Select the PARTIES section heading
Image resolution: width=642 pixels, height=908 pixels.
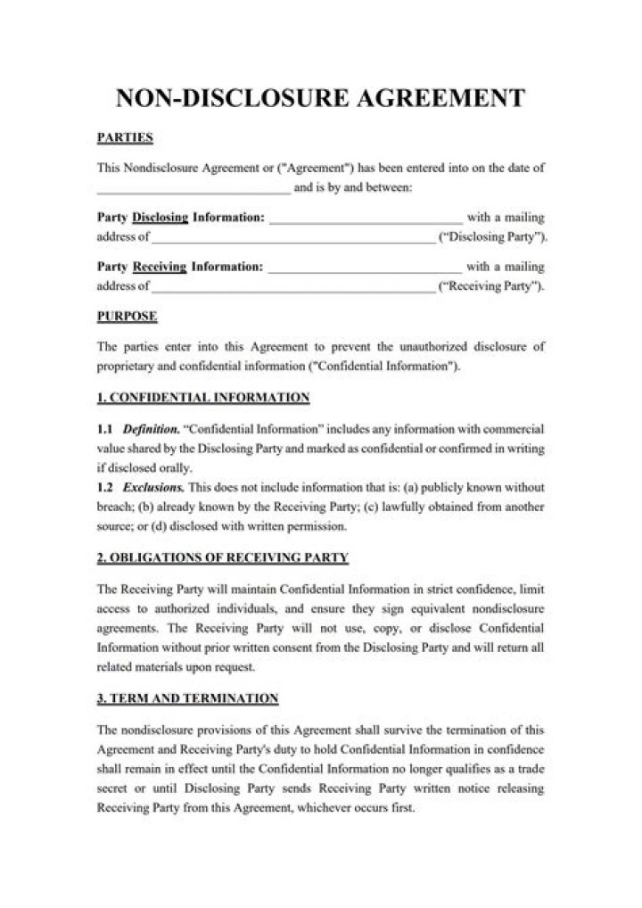click(125, 137)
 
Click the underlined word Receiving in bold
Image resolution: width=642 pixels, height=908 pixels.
click(160, 266)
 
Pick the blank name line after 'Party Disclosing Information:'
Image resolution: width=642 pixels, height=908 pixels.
click(365, 219)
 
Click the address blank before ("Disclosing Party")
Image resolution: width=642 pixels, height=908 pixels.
click(293, 240)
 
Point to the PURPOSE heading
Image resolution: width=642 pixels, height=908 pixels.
click(127, 316)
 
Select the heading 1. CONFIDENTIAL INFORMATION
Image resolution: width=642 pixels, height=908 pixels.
click(202, 397)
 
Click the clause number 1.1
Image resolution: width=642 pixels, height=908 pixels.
click(104, 428)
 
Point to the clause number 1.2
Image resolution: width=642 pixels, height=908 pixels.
click(104, 487)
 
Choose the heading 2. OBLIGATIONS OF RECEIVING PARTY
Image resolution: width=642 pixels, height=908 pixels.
click(222, 557)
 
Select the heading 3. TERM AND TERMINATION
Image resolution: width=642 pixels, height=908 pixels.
click(187, 698)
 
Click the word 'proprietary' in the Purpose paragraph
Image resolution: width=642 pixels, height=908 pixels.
click(124, 366)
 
